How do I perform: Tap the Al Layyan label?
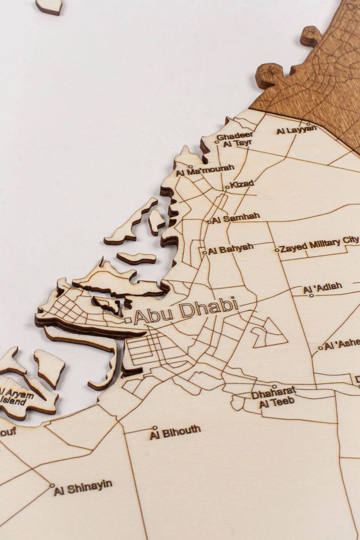point(296,130)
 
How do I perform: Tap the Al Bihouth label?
point(175,432)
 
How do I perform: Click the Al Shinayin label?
point(83,487)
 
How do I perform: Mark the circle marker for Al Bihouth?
point(155,427)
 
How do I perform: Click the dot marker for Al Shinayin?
point(52,485)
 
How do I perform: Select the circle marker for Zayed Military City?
point(277,250)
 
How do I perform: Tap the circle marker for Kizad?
point(227,187)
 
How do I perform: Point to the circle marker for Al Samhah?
point(210,222)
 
